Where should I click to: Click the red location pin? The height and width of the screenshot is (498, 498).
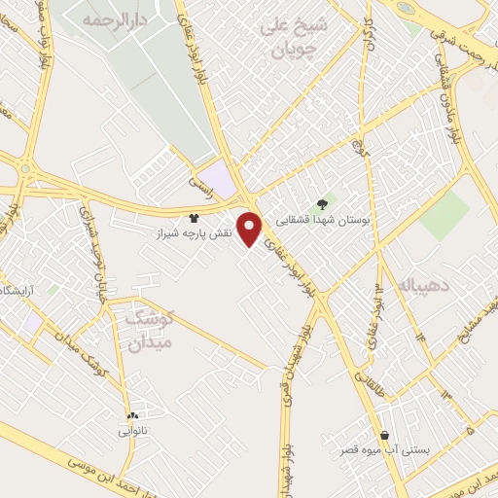[252, 229]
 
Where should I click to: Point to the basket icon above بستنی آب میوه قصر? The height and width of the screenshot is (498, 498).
[387, 434]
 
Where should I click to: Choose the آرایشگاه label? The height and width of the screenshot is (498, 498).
[21, 291]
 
